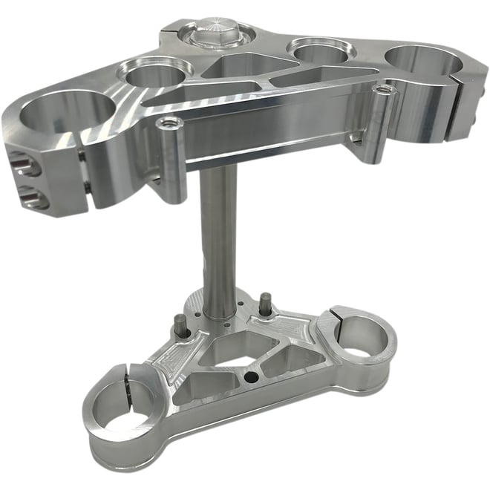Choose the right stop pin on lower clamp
pos(263,303)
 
